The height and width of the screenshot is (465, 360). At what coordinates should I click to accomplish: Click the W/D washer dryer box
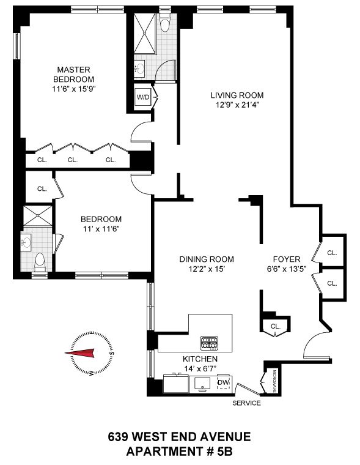[142, 96]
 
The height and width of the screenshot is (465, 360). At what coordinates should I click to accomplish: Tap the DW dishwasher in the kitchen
[223, 383]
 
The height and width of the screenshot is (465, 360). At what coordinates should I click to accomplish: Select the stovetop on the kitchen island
[208, 341]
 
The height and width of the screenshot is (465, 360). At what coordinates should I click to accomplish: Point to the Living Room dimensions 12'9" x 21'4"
[237, 105]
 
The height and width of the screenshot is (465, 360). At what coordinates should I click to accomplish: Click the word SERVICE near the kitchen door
[246, 403]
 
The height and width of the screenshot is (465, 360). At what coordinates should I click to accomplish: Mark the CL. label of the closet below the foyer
[274, 326]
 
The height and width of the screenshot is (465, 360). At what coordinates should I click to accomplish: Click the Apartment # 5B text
[179, 452]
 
